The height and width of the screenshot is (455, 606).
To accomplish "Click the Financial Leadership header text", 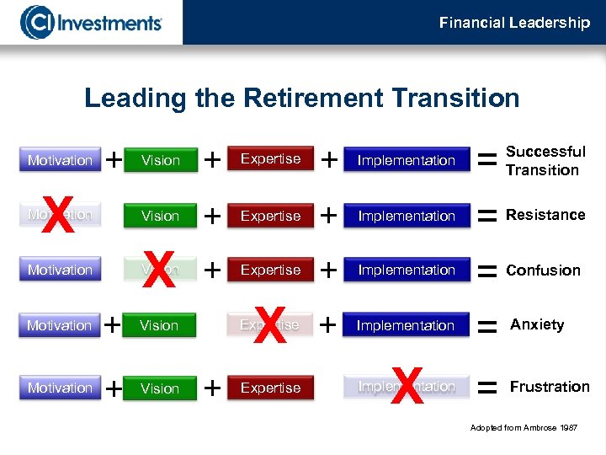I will pos(514,23).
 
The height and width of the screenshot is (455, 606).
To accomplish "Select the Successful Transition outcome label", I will pos(545,161).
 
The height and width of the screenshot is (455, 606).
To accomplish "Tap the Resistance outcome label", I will pos(545,215).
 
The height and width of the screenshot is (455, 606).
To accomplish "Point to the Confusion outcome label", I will pos(543,270).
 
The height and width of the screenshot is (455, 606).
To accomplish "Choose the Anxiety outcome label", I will pos(537,324).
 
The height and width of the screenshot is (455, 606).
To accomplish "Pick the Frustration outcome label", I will pos(549,387).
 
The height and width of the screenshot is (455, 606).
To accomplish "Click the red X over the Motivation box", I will pos(57,217).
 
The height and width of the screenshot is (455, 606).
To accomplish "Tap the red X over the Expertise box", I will pos(269,325).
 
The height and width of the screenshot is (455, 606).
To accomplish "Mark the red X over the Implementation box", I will pos(406,387).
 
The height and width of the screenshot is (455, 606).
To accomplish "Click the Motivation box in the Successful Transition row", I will pos(60,160).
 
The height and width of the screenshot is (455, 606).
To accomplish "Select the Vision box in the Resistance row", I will pos(160,216).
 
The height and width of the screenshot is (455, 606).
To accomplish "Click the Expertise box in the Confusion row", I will pos(270,270).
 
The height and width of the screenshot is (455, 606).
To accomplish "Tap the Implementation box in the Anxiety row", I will pos(406,325).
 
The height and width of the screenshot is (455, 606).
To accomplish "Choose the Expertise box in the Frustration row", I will pos(270,388).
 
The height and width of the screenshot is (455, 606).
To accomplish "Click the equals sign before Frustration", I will pos(486,388).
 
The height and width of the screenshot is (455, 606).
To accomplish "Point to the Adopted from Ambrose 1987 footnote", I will pos(524,428).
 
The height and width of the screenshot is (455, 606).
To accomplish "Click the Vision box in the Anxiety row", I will pos(160,325).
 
